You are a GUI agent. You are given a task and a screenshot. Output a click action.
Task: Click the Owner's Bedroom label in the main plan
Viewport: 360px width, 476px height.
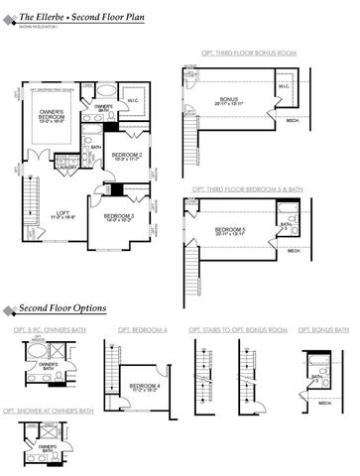pyautogui.click(x=52, y=116)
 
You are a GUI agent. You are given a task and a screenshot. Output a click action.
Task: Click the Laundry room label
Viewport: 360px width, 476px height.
pyautogui.click(x=68, y=167)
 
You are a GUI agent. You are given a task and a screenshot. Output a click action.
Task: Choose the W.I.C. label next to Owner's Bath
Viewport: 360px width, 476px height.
pyautogui.click(x=133, y=100)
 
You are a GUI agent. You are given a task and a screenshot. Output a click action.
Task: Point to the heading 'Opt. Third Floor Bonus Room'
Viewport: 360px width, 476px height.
pyautogui.click(x=264, y=58)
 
